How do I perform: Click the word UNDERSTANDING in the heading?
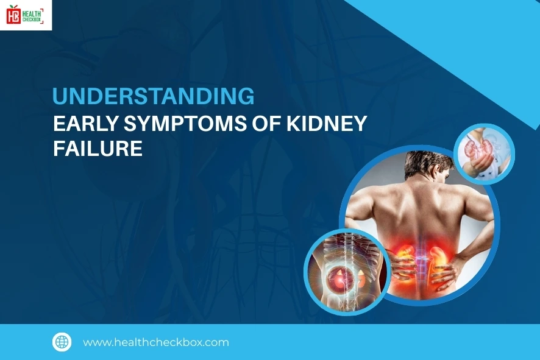pos(154,97)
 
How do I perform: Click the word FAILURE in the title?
pos(98,149)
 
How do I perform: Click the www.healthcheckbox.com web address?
pos(156,342)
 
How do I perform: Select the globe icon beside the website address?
pos(62,342)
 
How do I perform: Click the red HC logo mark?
pos(13,15)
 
